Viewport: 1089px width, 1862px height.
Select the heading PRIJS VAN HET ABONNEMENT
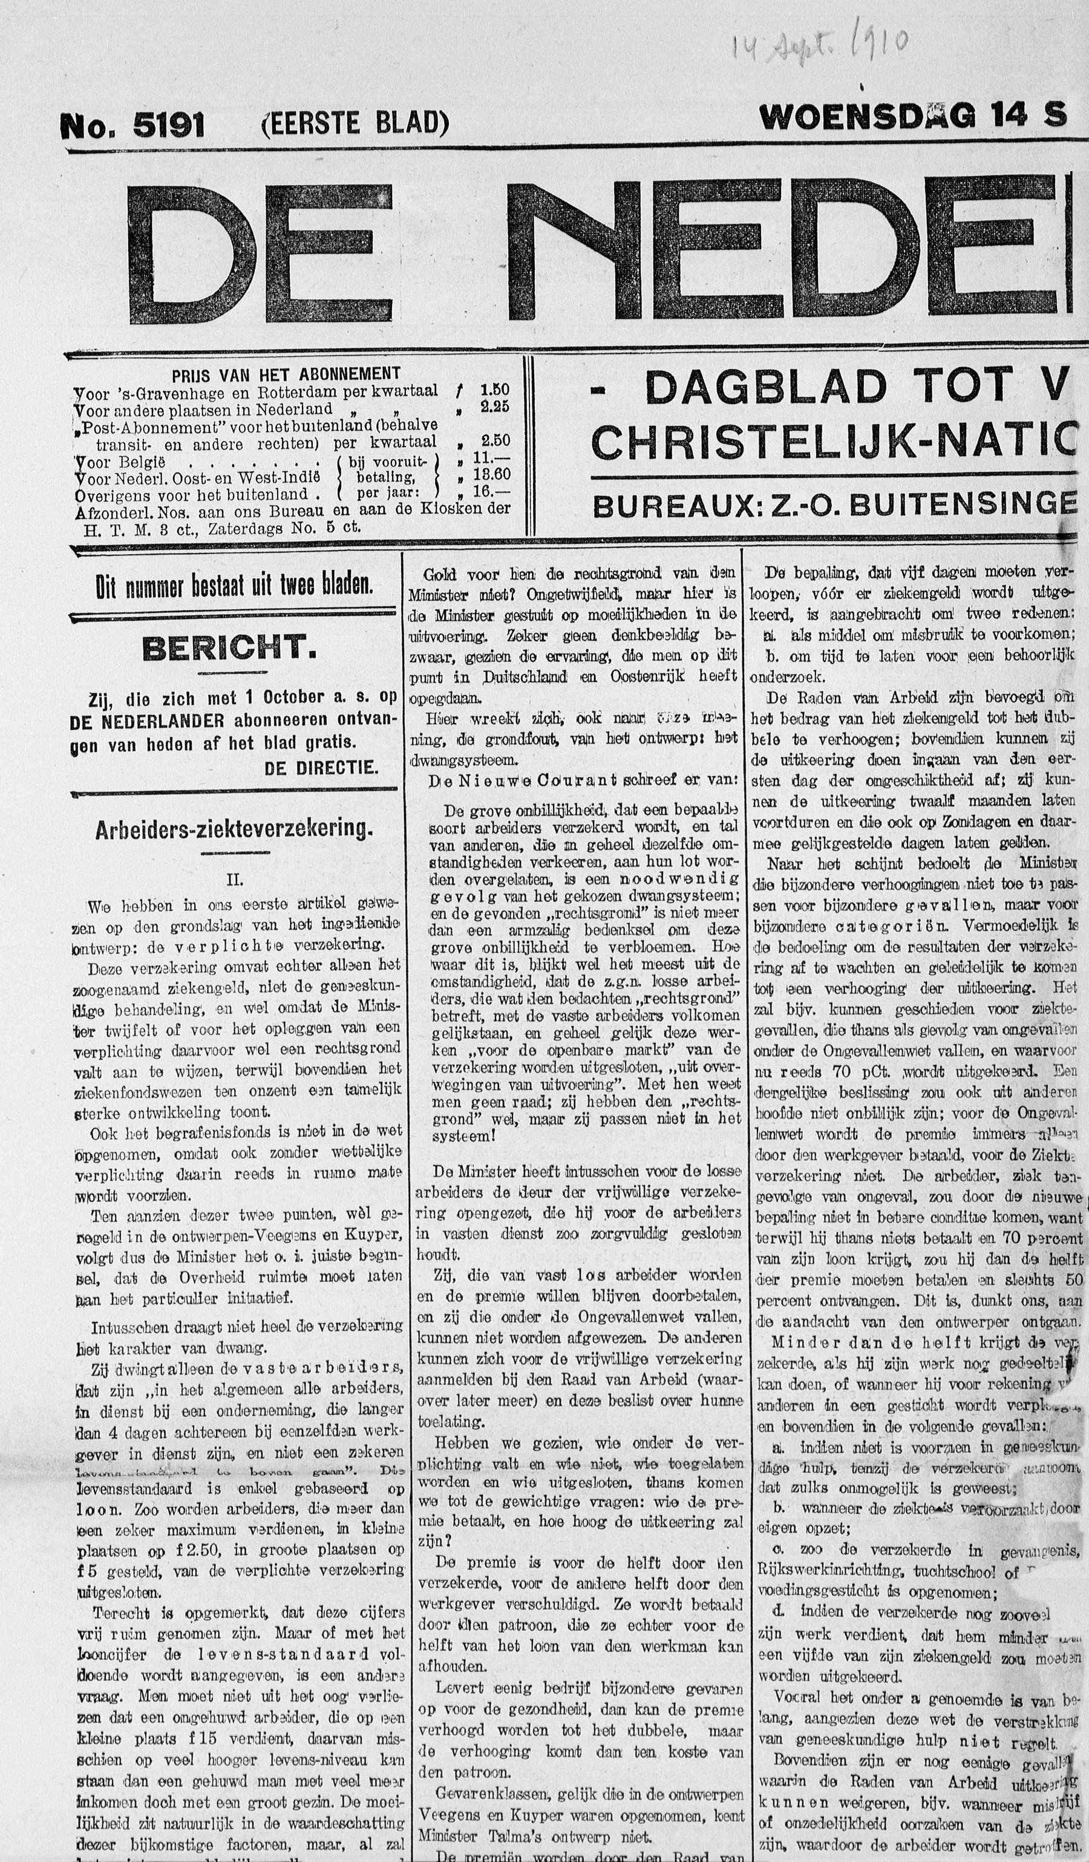click(x=286, y=374)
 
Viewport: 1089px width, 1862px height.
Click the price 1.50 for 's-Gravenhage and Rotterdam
click(x=494, y=390)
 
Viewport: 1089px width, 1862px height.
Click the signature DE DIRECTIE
click(x=321, y=768)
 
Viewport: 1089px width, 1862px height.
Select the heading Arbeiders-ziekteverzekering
click(x=234, y=829)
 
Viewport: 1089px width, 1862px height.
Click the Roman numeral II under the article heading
click(x=234, y=880)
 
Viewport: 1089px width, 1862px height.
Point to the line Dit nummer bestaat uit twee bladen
click(x=234, y=586)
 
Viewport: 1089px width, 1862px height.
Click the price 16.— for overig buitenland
click(x=494, y=492)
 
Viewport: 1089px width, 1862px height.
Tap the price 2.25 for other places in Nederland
click(x=494, y=407)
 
